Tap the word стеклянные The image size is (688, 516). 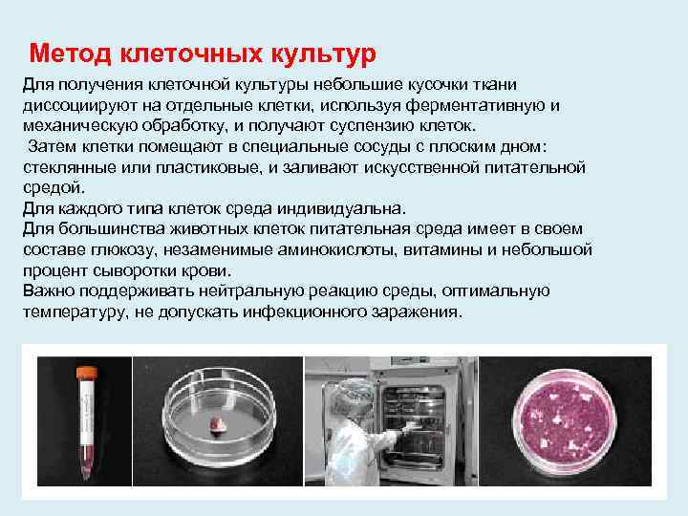(64, 167)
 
